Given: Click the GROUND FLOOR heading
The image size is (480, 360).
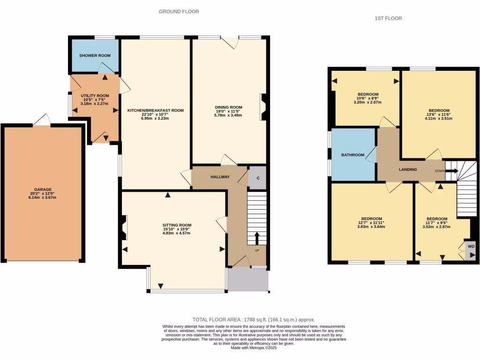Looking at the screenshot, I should (x=179, y=12).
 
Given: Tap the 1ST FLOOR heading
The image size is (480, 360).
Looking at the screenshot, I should (x=389, y=18).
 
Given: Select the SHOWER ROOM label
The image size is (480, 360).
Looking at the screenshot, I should (x=95, y=55).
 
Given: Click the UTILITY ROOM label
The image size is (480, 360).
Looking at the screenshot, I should (x=95, y=96).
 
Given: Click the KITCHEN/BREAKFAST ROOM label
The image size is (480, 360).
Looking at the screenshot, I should (x=156, y=111).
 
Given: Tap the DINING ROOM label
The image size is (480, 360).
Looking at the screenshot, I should (x=228, y=107).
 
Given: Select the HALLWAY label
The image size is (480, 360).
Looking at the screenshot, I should (x=220, y=177).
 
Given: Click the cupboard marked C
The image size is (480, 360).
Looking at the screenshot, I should (x=257, y=178).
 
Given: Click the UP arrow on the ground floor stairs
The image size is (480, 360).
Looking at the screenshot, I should (x=256, y=238).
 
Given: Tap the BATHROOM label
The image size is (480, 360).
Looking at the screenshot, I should (x=352, y=155).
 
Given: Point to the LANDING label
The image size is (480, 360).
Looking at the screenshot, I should (x=408, y=169).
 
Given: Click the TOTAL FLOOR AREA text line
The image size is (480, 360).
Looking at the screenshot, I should (x=250, y=319).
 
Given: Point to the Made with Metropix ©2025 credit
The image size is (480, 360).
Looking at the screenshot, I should (x=254, y=348).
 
